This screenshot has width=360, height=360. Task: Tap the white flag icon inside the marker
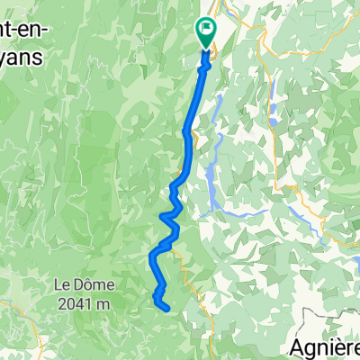[207, 31]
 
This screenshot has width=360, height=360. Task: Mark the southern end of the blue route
[167, 309]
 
